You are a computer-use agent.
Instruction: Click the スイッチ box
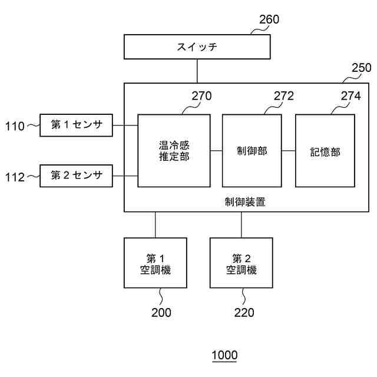[x=197, y=47]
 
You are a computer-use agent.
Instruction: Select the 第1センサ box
[x=76, y=125]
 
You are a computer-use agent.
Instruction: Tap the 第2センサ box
[x=76, y=176]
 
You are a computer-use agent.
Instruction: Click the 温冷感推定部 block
[x=174, y=151]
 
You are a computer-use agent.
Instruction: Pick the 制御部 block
[x=252, y=151]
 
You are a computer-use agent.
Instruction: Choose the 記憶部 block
[x=325, y=151]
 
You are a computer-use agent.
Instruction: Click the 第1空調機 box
[x=155, y=263]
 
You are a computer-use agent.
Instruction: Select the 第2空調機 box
[x=241, y=263]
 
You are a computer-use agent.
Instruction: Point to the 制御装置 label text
[x=245, y=202]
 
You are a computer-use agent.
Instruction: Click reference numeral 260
[x=269, y=19]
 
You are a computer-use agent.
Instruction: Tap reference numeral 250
[x=361, y=68]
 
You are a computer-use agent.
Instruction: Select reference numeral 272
[x=283, y=96]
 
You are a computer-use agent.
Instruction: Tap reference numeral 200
[x=161, y=313]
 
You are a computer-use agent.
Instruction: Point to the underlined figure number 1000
[x=224, y=355]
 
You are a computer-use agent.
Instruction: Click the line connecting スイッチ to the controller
[x=197, y=71]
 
